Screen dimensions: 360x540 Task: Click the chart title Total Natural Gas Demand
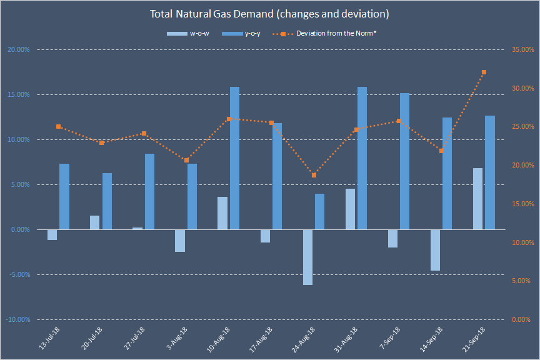(269, 13)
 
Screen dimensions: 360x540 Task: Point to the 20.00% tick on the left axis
(18, 49)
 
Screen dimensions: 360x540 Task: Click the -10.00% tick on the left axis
(18, 319)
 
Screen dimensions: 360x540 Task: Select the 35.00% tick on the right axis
(521, 49)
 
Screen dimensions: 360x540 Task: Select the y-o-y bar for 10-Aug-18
(234, 158)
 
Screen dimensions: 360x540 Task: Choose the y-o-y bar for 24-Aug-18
(319, 211)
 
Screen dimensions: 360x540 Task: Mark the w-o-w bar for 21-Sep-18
(477, 199)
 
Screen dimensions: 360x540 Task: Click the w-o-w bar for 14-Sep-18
(435, 250)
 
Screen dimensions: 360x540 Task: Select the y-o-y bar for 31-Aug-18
(362, 158)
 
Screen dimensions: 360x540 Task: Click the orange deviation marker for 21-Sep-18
(484, 72)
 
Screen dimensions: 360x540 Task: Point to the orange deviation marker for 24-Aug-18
(314, 175)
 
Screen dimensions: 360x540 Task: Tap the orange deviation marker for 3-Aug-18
(186, 160)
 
